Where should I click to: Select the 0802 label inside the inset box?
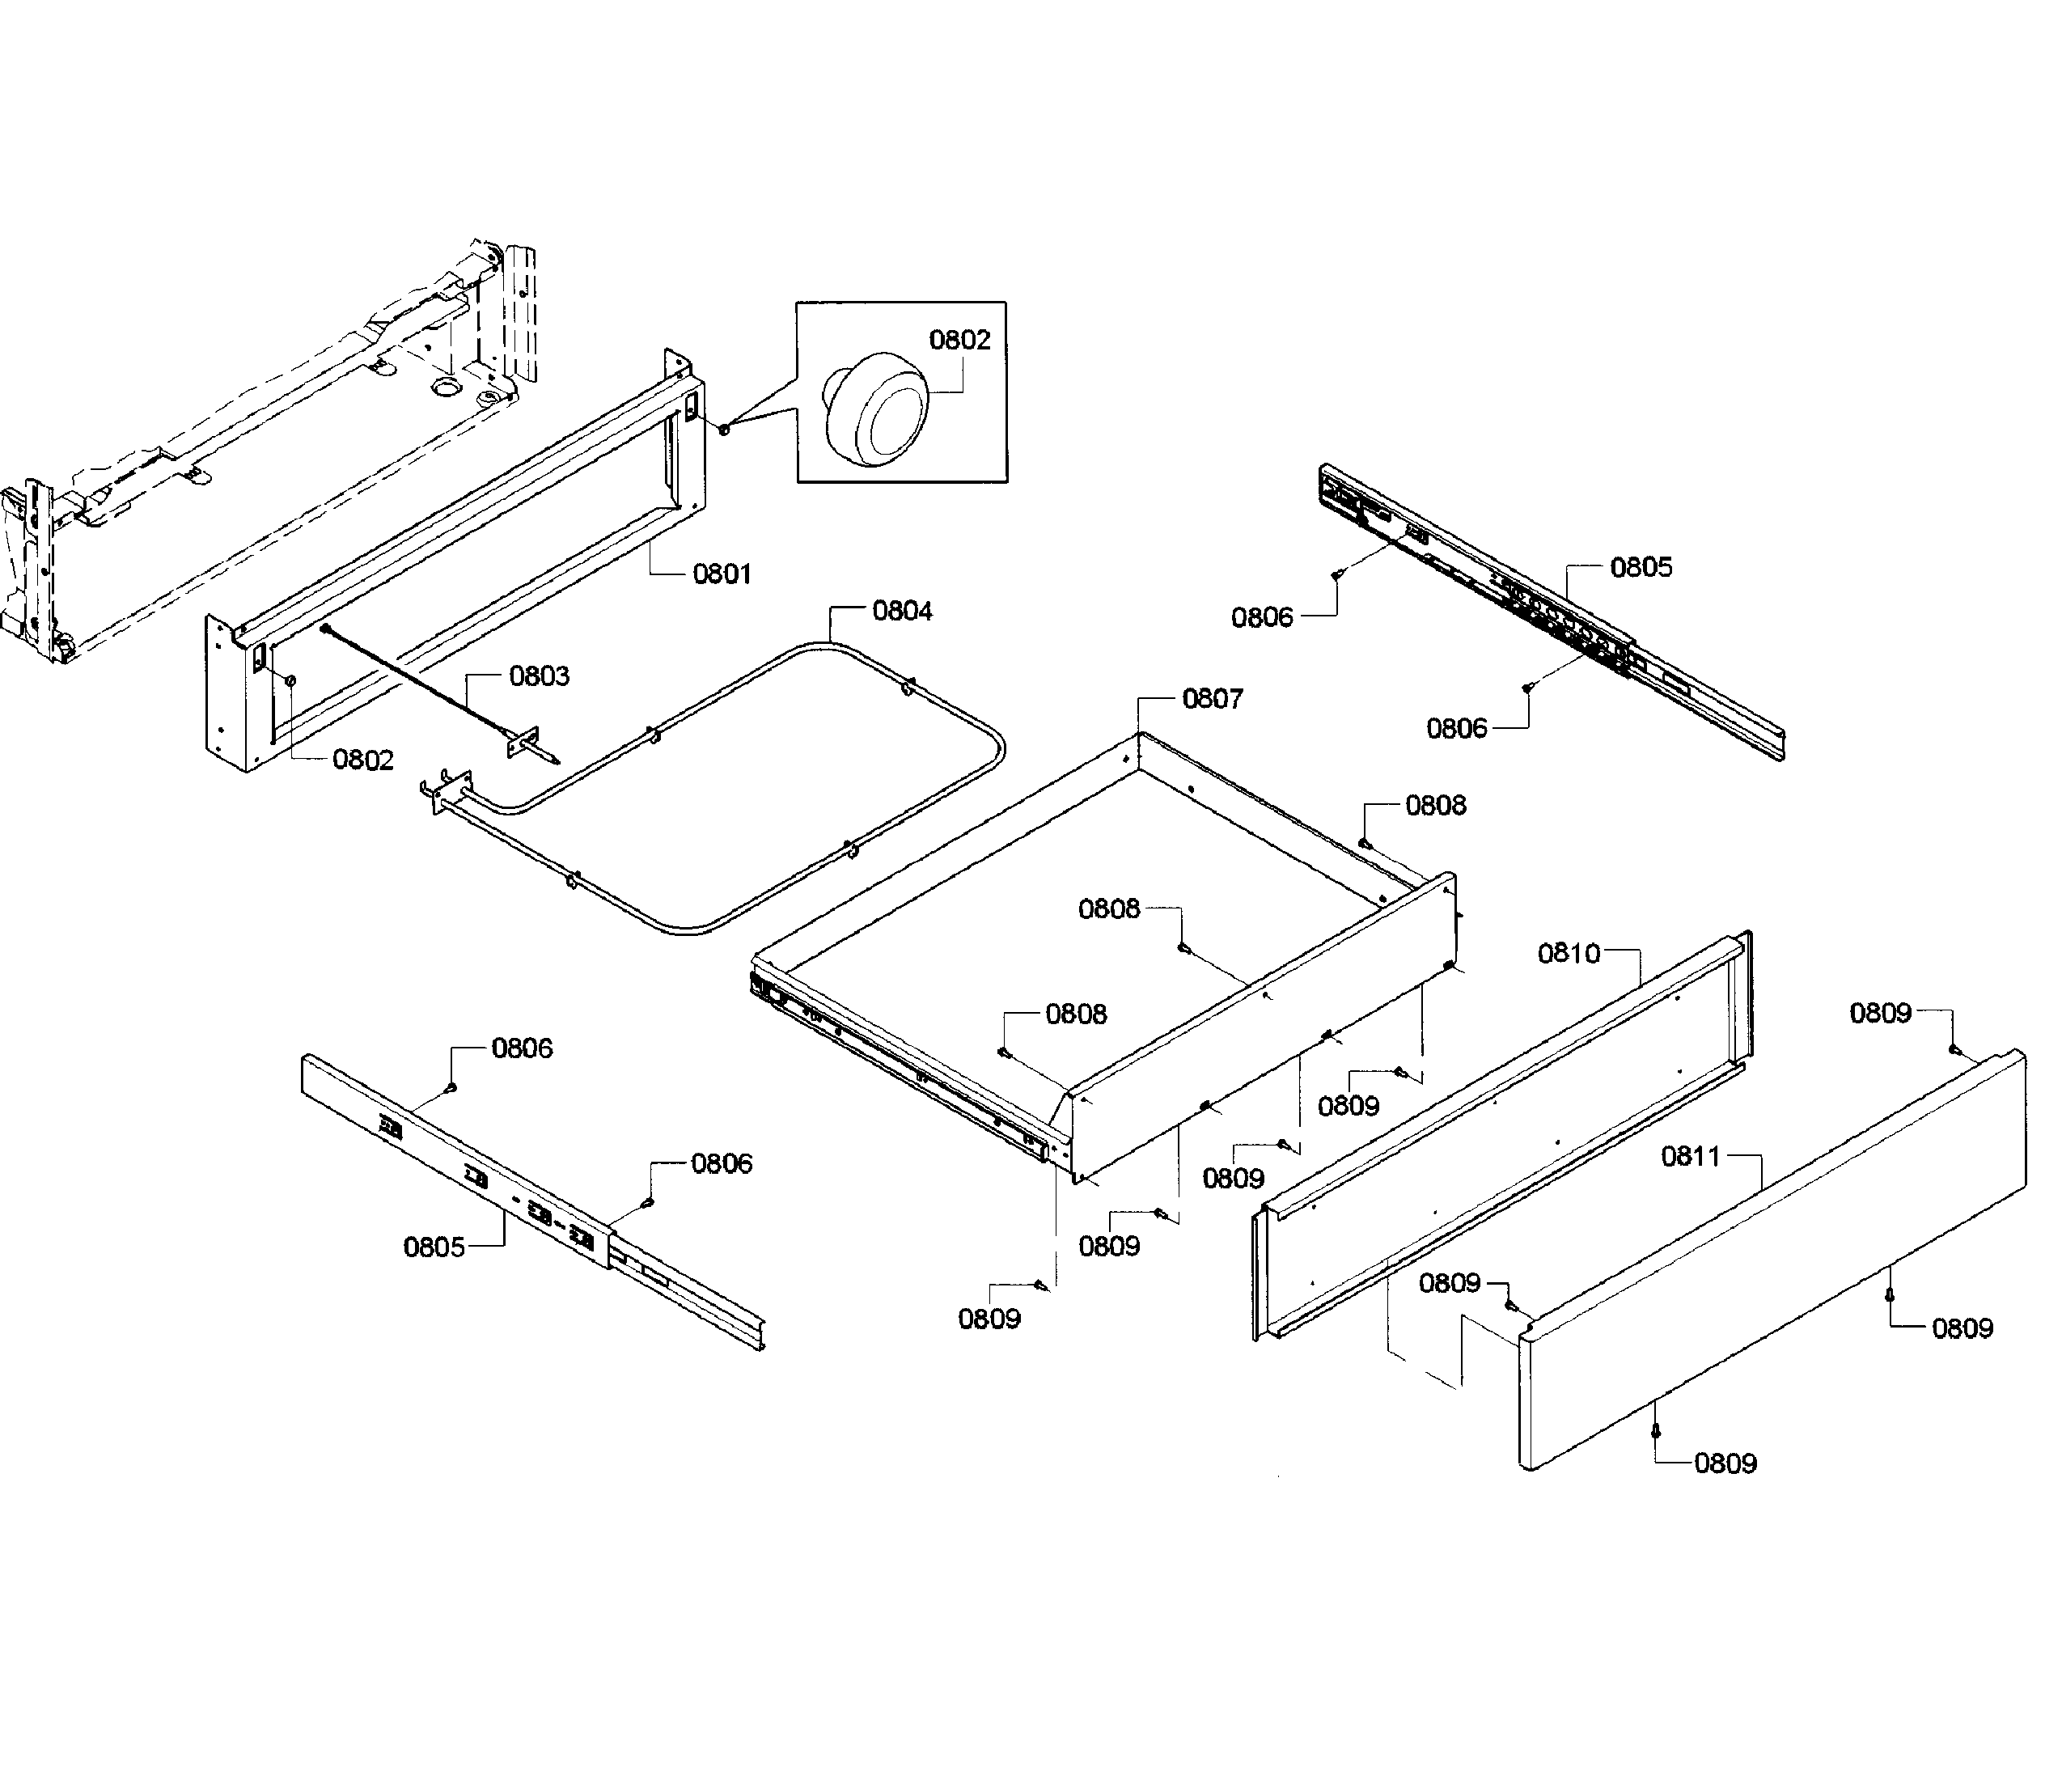(x=959, y=341)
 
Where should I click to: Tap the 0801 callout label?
(x=722, y=574)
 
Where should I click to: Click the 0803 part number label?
(x=540, y=677)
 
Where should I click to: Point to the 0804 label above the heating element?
(x=903, y=612)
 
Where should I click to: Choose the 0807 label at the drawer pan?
(x=1212, y=700)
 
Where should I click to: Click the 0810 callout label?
(x=1569, y=954)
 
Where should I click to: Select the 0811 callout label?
(x=1691, y=1157)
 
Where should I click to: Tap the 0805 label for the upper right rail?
(x=1641, y=567)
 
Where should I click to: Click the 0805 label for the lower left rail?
(x=434, y=1247)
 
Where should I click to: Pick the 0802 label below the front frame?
(x=363, y=760)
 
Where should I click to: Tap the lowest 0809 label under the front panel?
(x=1725, y=1463)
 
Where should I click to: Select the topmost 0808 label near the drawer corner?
(x=1435, y=806)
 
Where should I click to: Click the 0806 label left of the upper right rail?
(x=1262, y=618)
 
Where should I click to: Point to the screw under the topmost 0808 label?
(x=1365, y=843)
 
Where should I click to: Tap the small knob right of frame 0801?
(x=725, y=429)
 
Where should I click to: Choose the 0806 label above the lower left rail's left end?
(x=523, y=1048)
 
